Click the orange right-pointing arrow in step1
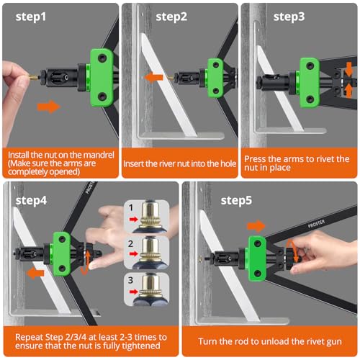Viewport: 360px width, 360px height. click(x=48, y=107)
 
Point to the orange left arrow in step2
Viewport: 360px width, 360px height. click(x=153, y=77)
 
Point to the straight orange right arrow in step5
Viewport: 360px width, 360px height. click(x=257, y=225)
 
